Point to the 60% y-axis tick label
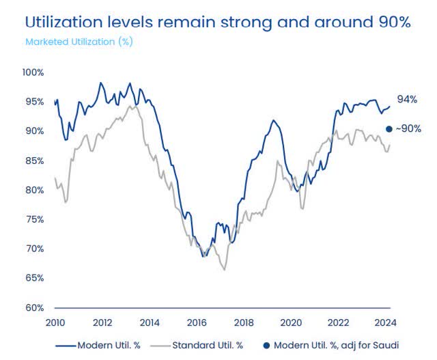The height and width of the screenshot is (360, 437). pos(34,307)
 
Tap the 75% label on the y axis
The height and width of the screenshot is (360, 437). pos(34,219)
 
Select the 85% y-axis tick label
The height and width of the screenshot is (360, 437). pos(34,161)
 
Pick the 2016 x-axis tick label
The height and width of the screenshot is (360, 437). pos(197,323)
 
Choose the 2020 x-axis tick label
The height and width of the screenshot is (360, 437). pos(292,323)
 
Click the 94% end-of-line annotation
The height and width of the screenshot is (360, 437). pos(407,100)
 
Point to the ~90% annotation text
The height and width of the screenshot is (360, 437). pos(408,128)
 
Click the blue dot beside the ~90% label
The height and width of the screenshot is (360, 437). pos(389,128)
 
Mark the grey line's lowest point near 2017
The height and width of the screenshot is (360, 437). pos(224,270)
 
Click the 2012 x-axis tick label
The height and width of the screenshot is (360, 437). pos(102,323)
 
